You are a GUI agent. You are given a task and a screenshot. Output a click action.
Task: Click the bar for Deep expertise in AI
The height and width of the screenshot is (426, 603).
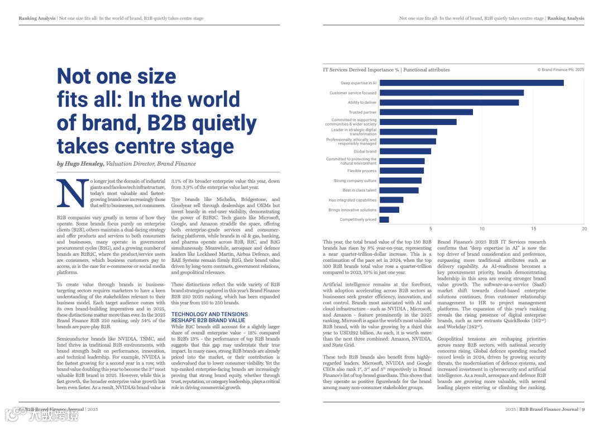(471, 83)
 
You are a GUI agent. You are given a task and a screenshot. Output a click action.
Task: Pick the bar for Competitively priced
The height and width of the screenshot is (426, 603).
(384, 219)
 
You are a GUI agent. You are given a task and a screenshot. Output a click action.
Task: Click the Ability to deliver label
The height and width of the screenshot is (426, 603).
(362, 103)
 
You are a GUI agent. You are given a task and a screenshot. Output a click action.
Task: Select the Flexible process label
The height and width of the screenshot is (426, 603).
(362, 171)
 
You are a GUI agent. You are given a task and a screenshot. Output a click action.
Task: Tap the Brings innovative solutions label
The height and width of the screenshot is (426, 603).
(352, 210)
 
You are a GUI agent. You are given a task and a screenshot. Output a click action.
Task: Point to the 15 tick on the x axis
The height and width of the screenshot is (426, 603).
(533, 229)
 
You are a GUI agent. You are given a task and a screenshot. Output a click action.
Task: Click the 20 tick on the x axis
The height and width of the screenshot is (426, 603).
(584, 229)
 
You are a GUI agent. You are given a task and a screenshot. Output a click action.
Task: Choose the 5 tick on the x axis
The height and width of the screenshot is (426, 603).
(430, 229)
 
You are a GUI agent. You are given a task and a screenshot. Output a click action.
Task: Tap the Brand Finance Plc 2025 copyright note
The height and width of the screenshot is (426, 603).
(561, 70)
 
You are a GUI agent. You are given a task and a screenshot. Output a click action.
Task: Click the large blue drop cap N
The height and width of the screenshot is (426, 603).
(72, 193)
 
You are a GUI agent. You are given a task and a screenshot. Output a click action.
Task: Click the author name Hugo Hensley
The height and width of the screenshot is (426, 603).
(84, 164)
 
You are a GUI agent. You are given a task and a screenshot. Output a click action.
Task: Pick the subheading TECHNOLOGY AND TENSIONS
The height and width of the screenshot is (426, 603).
(209, 314)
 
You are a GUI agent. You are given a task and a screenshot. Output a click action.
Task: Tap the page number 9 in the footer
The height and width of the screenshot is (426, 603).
(583, 409)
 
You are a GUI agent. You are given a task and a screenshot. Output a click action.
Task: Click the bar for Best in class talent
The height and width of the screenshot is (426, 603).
(399, 190)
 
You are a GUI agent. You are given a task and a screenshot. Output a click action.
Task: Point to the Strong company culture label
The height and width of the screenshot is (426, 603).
(355, 181)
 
